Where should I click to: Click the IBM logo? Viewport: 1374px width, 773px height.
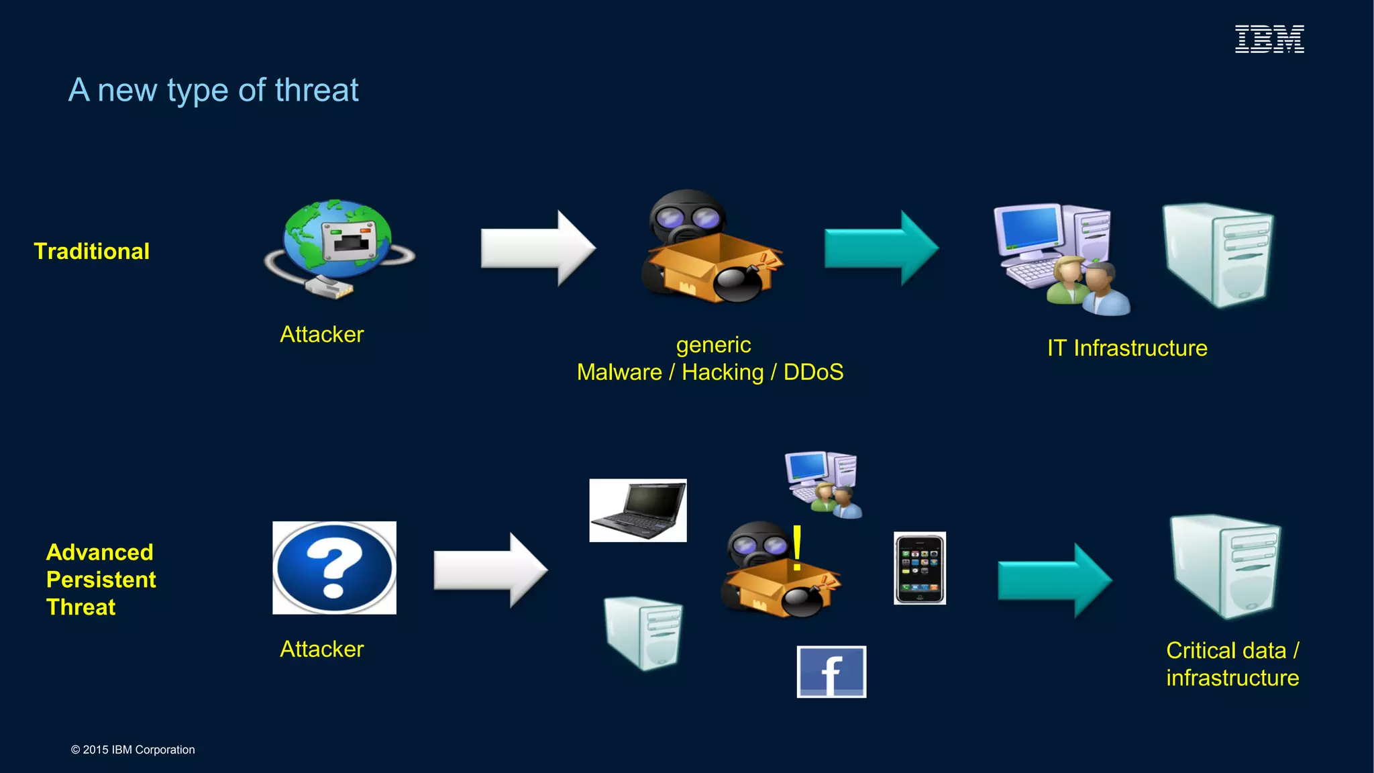point(1269,39)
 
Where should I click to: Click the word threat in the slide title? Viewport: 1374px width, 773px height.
point(317,90)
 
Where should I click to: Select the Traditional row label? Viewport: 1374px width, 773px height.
point(92,251)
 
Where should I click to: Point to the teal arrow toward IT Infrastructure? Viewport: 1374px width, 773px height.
point(881,248)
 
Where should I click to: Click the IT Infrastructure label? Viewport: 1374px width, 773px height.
point(1127,348)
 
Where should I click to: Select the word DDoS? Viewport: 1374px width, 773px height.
point(813,372)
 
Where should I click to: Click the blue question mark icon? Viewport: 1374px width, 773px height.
point(334,568)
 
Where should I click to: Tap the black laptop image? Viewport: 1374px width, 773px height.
point(638,510)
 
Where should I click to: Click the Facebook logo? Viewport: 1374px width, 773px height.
point(831,672)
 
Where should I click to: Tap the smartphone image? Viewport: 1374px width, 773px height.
point(920,568)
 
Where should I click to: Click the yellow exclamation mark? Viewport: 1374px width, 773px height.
point(797,548)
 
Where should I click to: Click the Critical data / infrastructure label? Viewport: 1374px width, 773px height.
point(1232,664)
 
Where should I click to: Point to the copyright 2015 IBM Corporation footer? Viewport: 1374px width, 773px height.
point(133,750)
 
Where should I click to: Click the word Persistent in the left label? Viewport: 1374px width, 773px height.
point(101,579)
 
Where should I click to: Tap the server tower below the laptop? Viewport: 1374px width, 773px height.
point(643,633)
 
